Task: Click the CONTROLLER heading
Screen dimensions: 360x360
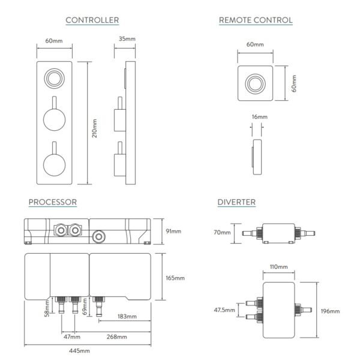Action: tap(92, 20)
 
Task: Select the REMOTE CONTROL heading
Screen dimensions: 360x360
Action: tap(256, 20)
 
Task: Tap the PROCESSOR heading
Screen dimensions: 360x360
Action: tap(52, 202)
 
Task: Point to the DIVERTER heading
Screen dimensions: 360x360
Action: tap(236, 202)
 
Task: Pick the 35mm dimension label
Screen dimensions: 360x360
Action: tap(127, 38)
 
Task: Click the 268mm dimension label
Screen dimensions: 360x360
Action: tap(116, 337)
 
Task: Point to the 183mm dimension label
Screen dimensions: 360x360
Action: tap(127, 317)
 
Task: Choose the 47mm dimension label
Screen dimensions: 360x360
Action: tap(72, 337)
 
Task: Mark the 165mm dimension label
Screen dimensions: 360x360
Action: tap(175, 278)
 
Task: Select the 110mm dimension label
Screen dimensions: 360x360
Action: tap(278, 266)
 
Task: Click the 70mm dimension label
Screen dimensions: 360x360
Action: tap(222, 232)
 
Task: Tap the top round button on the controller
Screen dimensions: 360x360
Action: tap(55, 77)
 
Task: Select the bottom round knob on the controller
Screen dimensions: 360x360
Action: tap(55, 163)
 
